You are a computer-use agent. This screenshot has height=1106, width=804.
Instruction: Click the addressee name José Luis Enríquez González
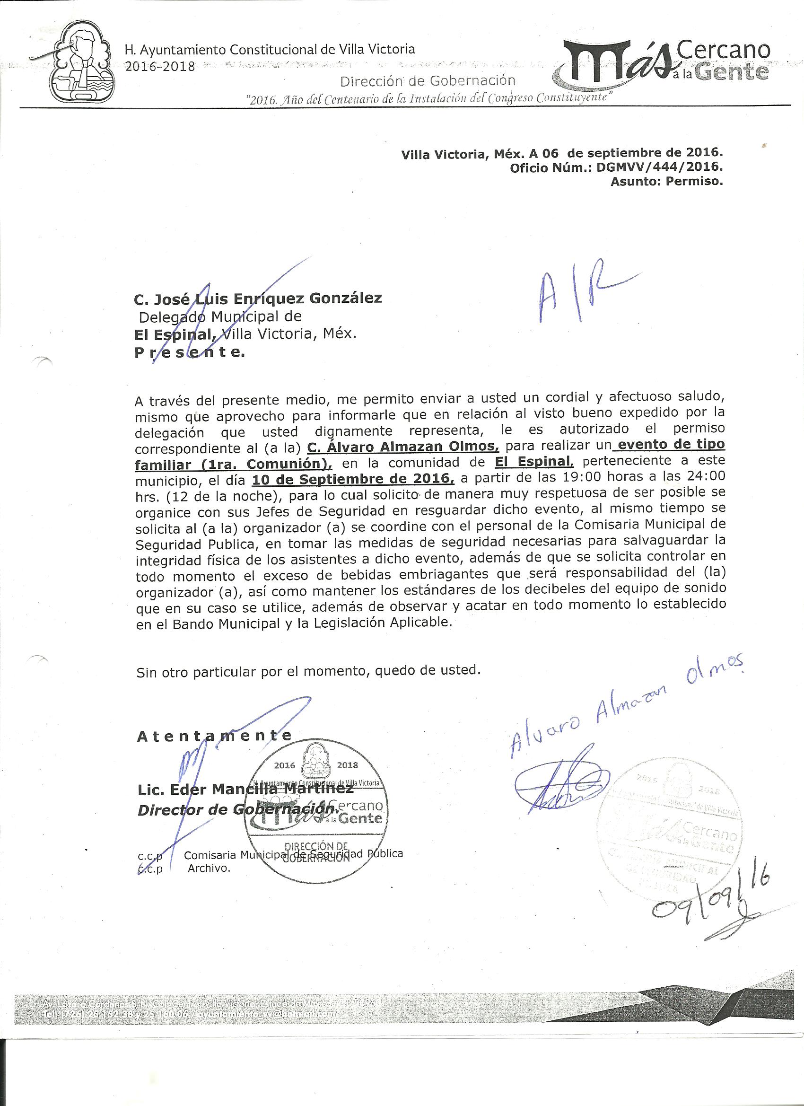coord(258,298)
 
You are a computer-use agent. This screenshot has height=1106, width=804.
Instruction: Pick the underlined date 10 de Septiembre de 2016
coord(352,479)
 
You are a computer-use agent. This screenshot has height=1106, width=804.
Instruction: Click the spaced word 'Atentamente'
coord(215,736)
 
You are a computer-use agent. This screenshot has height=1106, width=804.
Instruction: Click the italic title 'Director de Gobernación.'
coord(238,809)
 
